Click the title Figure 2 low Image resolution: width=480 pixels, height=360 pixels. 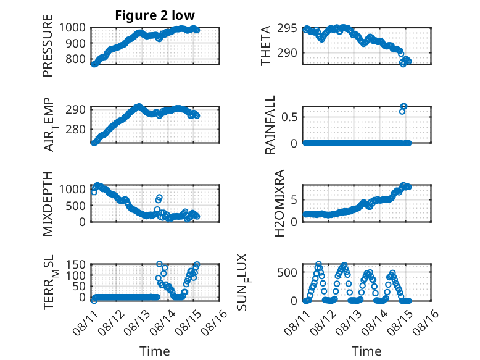[155, 15]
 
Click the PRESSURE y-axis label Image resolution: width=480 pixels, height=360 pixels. [48, 46]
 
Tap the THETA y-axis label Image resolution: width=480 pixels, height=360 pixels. [266, 46]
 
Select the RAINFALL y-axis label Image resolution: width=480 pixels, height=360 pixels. [270, 125]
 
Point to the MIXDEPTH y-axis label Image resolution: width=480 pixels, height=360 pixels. [48, 204]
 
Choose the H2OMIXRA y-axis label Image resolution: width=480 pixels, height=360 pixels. [279, 203]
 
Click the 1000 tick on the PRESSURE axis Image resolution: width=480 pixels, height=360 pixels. [72, 28]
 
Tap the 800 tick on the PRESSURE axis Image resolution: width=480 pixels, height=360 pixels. [76, 59]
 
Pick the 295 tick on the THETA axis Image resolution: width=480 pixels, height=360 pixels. [287, 28]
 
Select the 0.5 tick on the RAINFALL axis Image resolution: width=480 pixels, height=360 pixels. [289, 117]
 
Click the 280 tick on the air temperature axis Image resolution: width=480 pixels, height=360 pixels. [76, 129]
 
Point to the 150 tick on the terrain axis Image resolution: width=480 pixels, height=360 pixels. [76, 264]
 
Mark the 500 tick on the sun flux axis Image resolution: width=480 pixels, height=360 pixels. [287, 272]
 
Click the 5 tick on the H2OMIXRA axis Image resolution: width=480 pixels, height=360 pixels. [294, 200]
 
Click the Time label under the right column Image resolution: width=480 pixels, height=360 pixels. [366, 351]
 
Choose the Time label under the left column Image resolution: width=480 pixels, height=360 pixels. [155, 351]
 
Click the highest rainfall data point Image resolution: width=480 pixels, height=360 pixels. [404, 106]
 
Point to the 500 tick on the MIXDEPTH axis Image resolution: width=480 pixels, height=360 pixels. [76, 206]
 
